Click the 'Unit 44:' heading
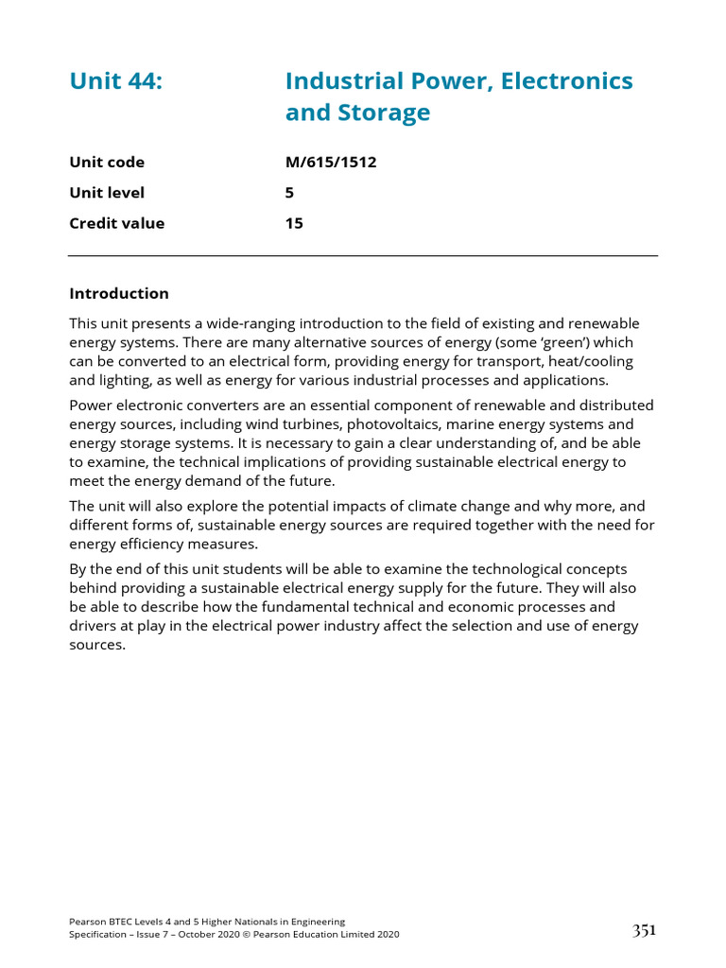click(116, 81)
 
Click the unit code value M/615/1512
click(331, 162)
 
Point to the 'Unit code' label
click(107, 162)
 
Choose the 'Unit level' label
click(107, 193)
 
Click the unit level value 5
click(289, 193)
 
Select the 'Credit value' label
click(116, 224)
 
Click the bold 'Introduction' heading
click(119, 293)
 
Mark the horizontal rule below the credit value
click(363, 256)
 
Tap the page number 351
click(644, 930)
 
